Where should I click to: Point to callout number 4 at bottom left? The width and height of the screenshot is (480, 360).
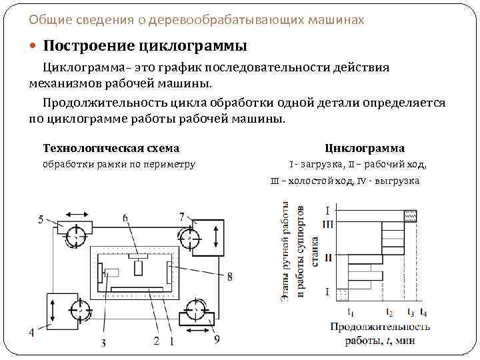(31, 331)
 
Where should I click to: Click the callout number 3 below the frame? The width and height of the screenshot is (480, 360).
(103, 343)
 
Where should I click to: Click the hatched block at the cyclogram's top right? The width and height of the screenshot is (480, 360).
(411, 215)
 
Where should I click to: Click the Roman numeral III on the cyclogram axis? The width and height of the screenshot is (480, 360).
(327, 223)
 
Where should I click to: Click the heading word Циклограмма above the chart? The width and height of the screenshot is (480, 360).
(365, 148)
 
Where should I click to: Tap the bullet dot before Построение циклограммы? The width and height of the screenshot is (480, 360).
(34, 46)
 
